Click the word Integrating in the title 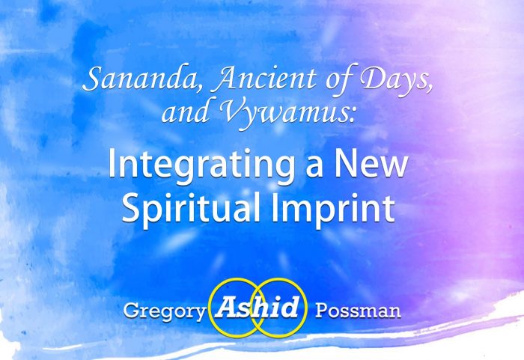[x=201, y=166]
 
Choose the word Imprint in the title [x=333, y=208]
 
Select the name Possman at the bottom [x=358, y=311]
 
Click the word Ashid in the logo [x=257, y=307]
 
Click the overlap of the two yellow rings [x=258, y=308]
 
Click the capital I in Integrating [x=112, y=163]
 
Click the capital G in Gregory [x=131, y=311]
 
